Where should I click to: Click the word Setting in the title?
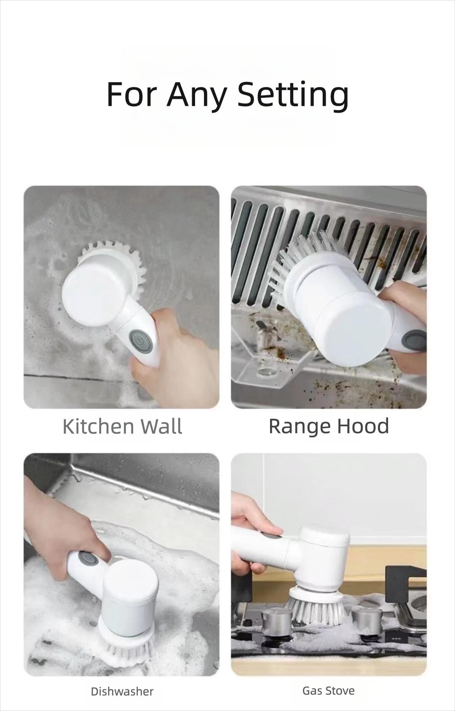pyautogui.click(x=293, y=95)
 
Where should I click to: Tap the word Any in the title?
pyautogui.click(x=196, y=95)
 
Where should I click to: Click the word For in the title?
pyautogui.click(x=132, y=94)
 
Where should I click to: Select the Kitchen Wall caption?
pyautogui.click(x=123, y=426)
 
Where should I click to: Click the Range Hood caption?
pyautogui.click(x=329, y=426)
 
